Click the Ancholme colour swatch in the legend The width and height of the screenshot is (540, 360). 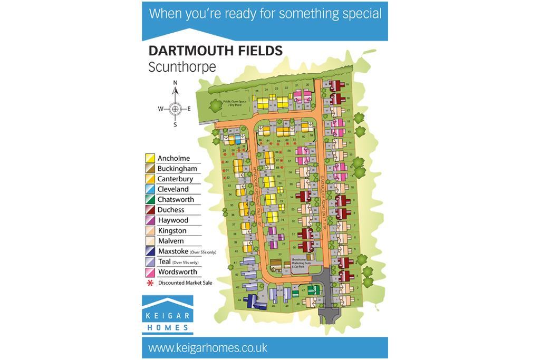click(150, 158)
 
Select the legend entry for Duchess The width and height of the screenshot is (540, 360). click(170, 210)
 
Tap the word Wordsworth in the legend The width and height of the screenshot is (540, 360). click(177, 272)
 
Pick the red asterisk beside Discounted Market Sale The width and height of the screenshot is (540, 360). click(150, 283)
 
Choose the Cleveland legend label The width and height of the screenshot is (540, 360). click(172, 189)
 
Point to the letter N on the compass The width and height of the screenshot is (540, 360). click(176, 83)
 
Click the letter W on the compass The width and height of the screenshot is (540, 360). click(161, 109)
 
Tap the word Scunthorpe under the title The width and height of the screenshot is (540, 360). click(182, 67)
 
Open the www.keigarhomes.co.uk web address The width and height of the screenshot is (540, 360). click(208, 348)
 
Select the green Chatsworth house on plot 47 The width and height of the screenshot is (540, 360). click(313, 289)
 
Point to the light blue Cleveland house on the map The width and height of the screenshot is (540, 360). click(238, 140)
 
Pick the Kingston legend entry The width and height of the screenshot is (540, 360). click(171, 231)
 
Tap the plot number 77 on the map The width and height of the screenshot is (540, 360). click(281, 254)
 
